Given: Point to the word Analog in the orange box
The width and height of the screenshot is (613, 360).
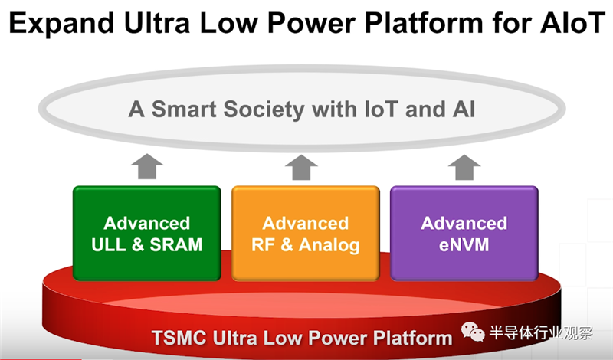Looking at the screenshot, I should [x=330, y=245].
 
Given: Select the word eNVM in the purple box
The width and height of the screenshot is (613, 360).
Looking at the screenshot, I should [x=464, y=245].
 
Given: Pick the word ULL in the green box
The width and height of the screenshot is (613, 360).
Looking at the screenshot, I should [x=109, y=245].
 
